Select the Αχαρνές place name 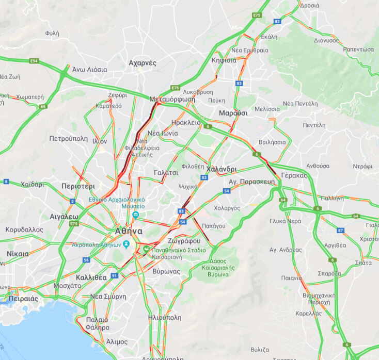click(x=142, y=63)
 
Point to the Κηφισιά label click(x=224, y=60)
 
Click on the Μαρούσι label click(x=233, y=112)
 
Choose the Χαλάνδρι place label click(x=221, y=169)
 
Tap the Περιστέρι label click(x=78, y=186)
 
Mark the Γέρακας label click(x=294, y=175)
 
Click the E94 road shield click(x=34, y=61)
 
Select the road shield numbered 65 click(x=42, y=107)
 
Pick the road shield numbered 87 click(x=340, y=230)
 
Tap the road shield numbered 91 click(x=114, y=276)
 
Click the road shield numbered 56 click(x=86, y=260)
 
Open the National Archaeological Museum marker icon click(x=135, y=215)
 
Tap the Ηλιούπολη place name click(x=164, y=318)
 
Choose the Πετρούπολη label click(x=68, y=139)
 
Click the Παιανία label click(x=292, y=278)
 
